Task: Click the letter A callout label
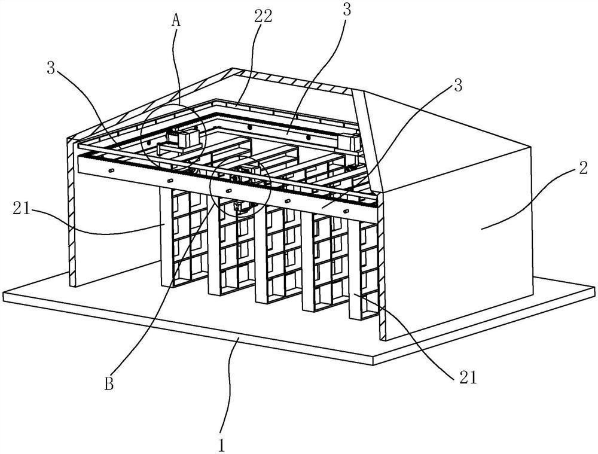pos(176,19)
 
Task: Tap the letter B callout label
pos(109,383)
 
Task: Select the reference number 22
pos(262,16)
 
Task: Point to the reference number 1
pos(222,429)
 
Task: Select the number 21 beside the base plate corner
pos(468,378)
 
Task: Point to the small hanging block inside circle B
pos(241,207)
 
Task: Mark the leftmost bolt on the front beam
pos(111,170)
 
